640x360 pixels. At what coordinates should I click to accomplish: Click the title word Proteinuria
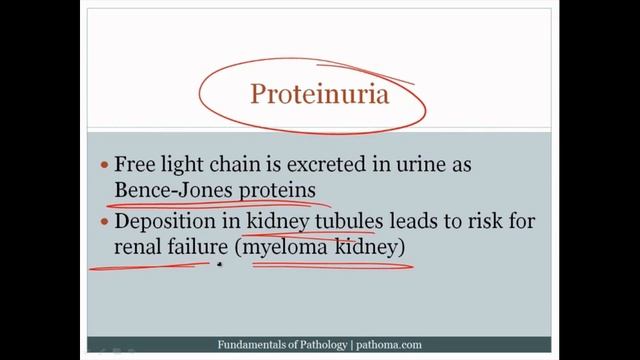320,97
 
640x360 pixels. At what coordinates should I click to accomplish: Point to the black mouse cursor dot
219,266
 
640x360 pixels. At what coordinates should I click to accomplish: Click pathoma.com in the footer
389,345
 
